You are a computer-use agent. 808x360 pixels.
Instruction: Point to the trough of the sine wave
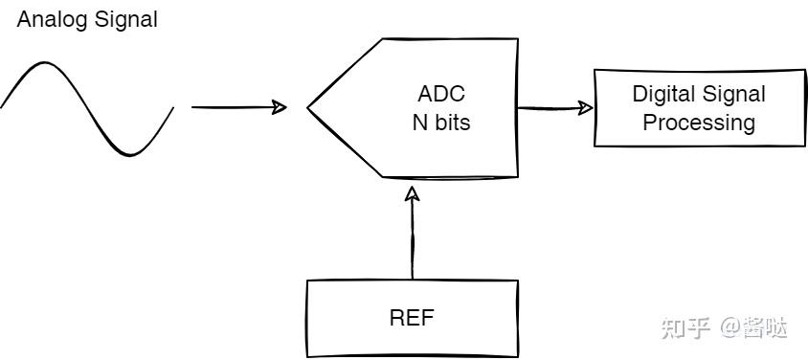[x=131, y=153]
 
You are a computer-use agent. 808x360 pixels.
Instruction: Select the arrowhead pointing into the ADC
[x=279, y=107]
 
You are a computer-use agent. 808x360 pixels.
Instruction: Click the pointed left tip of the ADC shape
[x=309, y=108]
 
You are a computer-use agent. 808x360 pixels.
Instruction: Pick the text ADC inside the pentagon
[x=441, y=95]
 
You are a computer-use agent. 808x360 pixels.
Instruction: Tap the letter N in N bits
[x=418, y=124]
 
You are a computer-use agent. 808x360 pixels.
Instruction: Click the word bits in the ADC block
[x=451, y=124]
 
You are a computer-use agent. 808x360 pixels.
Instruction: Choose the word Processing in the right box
[x=698, y=123]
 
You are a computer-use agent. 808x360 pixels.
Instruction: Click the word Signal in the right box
[x=734, y=94]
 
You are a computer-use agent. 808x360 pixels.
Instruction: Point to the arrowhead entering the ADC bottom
[x=413, y=193]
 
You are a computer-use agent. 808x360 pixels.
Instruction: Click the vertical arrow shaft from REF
[x=413, y=239]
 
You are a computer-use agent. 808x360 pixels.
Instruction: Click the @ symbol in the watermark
[x=730, y=328]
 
